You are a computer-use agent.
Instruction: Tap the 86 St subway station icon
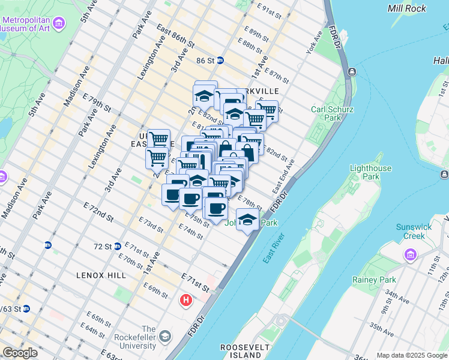(221, 60)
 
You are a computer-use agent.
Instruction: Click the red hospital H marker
(187, 299)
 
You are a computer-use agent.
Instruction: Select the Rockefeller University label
(136, 338)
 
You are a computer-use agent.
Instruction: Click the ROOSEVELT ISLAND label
(241, 351)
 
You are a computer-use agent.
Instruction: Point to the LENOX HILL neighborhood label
(101, 275)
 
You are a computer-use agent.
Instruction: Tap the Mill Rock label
(407, 8)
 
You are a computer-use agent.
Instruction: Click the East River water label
(275, 248)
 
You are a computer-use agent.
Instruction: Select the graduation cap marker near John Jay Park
(247, 220)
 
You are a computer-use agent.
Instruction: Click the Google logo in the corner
(20, 353)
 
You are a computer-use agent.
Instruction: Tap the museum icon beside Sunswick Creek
(411, 256)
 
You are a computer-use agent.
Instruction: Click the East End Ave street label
(283, 176)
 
